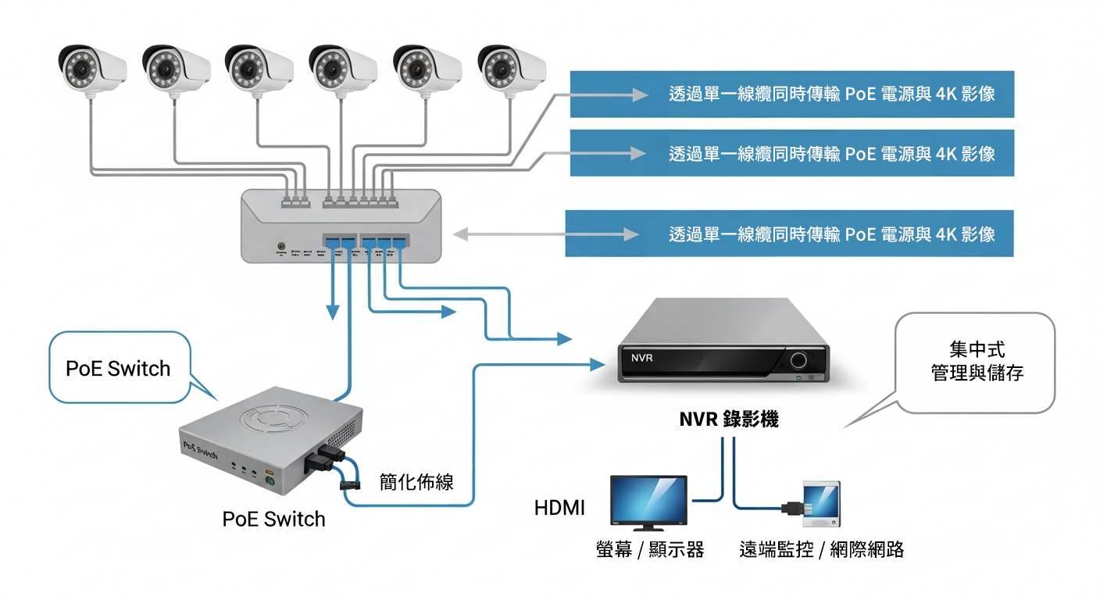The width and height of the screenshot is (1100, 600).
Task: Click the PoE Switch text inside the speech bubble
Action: click(118, 369)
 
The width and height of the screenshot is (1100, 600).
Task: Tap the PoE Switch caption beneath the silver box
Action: click(273, 519)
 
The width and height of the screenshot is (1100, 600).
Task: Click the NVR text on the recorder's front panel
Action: click(641, 358)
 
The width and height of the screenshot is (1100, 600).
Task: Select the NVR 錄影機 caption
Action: click(728, 420)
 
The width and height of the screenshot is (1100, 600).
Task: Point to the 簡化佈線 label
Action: click(416, 482)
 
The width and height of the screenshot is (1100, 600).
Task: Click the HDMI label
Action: click(559, 508)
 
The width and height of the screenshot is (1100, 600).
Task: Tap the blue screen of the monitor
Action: click(648, 501)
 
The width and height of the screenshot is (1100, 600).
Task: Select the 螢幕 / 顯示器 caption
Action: click(650, 550)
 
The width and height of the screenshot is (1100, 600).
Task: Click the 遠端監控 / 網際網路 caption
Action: click(821, 550)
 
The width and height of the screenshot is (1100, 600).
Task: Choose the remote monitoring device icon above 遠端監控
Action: click(821, 505)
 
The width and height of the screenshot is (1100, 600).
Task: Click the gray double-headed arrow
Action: click(547, 234)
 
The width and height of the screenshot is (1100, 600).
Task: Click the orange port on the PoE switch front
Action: click(270, 472)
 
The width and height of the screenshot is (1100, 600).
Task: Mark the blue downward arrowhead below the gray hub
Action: click(333, 312)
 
